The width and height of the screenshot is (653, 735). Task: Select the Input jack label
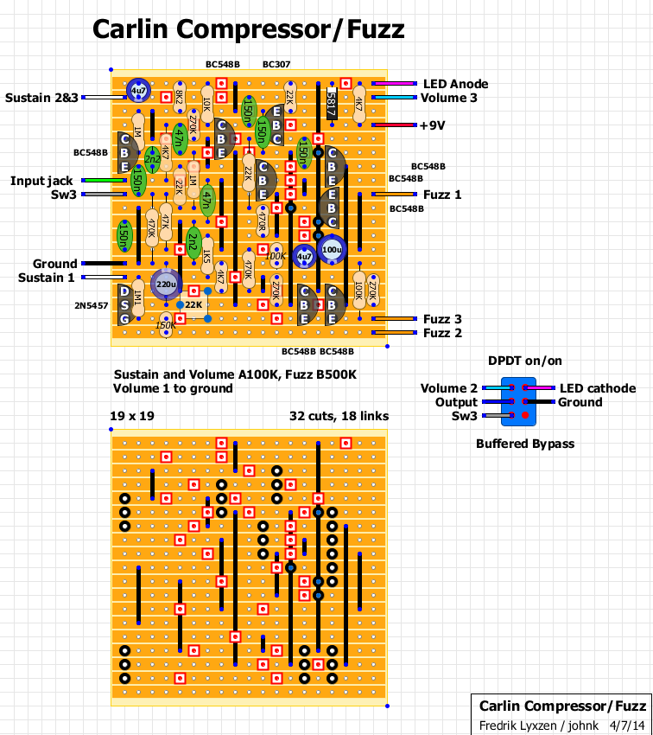pyautogui.click(x=41, y=181)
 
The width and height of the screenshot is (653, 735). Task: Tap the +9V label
pyautogui.click(x=432, y=125)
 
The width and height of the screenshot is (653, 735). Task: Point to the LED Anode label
pyautogui.click(x=455, y=84)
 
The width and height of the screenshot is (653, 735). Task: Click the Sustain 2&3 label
pyautogui.click(x=41, y=98)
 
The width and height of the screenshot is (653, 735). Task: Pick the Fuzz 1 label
pyautogui.click(x=442, y=195)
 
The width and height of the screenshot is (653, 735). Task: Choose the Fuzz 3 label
pyautogui.click(x=442, y=319)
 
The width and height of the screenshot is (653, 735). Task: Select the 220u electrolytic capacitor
pyautogui.click(x=165, y=284)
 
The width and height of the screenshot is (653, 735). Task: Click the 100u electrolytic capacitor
pyautogui.click(x=331, y=250)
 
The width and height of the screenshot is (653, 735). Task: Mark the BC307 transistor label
pyautogui.click(x=276, y=64)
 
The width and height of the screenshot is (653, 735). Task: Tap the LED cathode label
pyautogui.click(x=598, y=388)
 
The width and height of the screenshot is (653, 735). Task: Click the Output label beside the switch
pyautogui.click(x=456, y=402)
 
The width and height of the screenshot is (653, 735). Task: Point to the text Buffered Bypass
pyautogui.click(x=524, y=444)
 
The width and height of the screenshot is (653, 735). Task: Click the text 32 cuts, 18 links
pyautogui.click(x=339, y=416)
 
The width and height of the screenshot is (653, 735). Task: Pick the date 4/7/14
pyautogui.click(x=626, y=725)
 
